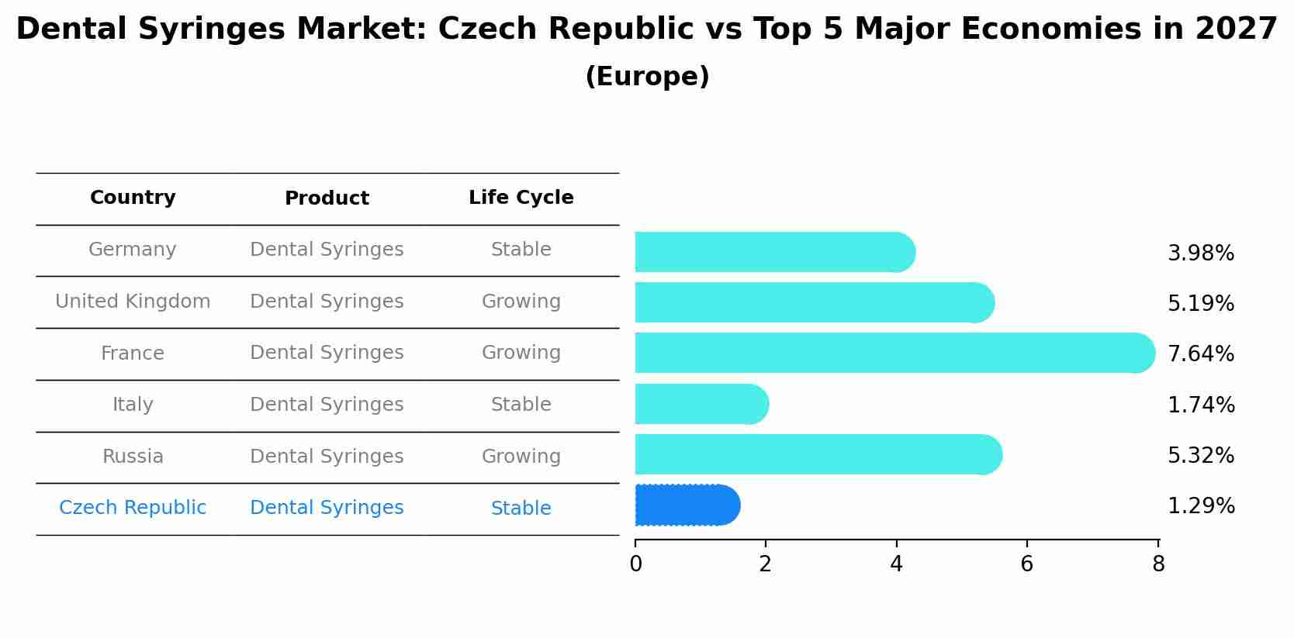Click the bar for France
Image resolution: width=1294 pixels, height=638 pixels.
[892, 353]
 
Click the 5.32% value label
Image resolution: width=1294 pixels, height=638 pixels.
[1200, 455]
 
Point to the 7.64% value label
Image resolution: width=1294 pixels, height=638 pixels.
[1200, 353]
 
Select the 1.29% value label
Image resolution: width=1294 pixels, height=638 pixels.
[1200, 506]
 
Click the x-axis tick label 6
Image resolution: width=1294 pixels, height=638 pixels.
[1026, 564]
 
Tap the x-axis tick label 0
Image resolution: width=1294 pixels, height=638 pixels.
[635, 564]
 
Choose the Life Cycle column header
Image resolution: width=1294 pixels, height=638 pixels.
[521, 198]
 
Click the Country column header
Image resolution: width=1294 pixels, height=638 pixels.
[133, 198]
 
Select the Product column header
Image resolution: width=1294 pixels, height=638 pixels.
[327, 198]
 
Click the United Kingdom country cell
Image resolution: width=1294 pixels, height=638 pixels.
[133, 302]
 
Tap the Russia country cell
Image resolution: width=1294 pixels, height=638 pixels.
[133, 457]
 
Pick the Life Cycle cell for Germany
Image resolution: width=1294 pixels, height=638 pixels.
[521, 250]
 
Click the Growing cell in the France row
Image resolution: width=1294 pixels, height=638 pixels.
[521, 353]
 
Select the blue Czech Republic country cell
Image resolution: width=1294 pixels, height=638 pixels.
[133, 508]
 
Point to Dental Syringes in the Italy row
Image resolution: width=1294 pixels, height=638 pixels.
[327, 405]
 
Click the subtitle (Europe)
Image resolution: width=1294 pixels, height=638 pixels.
[647, 77]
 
